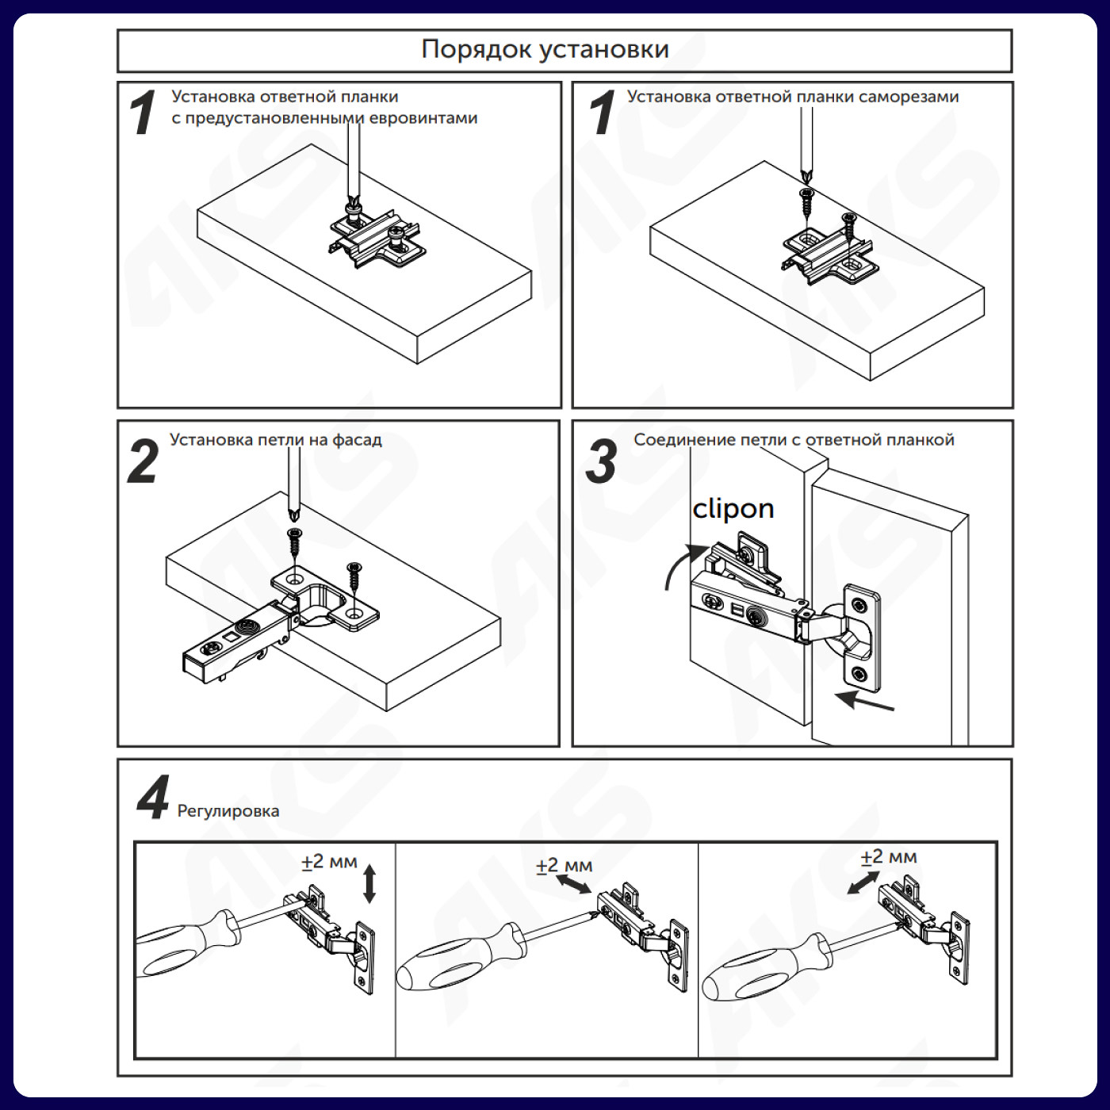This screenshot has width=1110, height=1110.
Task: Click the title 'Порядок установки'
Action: [x=545, y=50]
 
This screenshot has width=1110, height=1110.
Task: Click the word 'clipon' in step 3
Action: [x=733, y=508]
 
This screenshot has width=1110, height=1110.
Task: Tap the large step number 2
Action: [x=143, y=462]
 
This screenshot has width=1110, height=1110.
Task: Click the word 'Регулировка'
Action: [x=228, y=811]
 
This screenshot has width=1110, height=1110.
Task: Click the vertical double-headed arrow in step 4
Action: [x=369, y=884]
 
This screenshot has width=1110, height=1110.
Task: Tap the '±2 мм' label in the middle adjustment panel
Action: [x=564, y=866]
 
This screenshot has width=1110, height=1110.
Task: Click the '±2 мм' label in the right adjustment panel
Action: [x=889, y=857]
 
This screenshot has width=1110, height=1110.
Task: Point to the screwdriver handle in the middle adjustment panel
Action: [x=460, y=958]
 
